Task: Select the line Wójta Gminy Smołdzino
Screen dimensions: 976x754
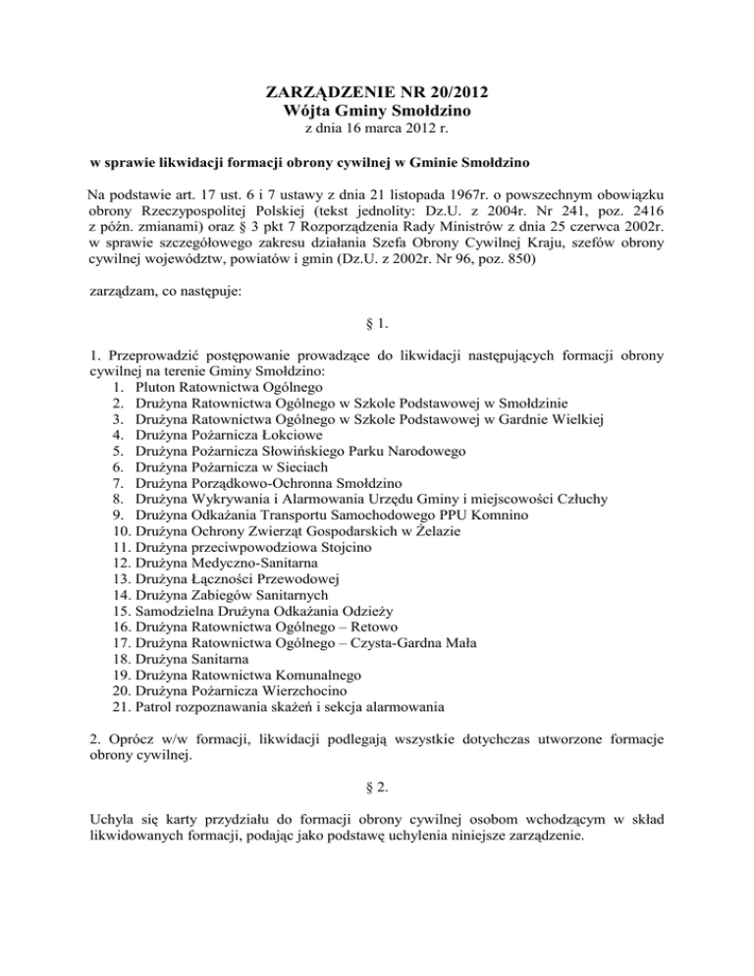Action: tap(377, 112)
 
